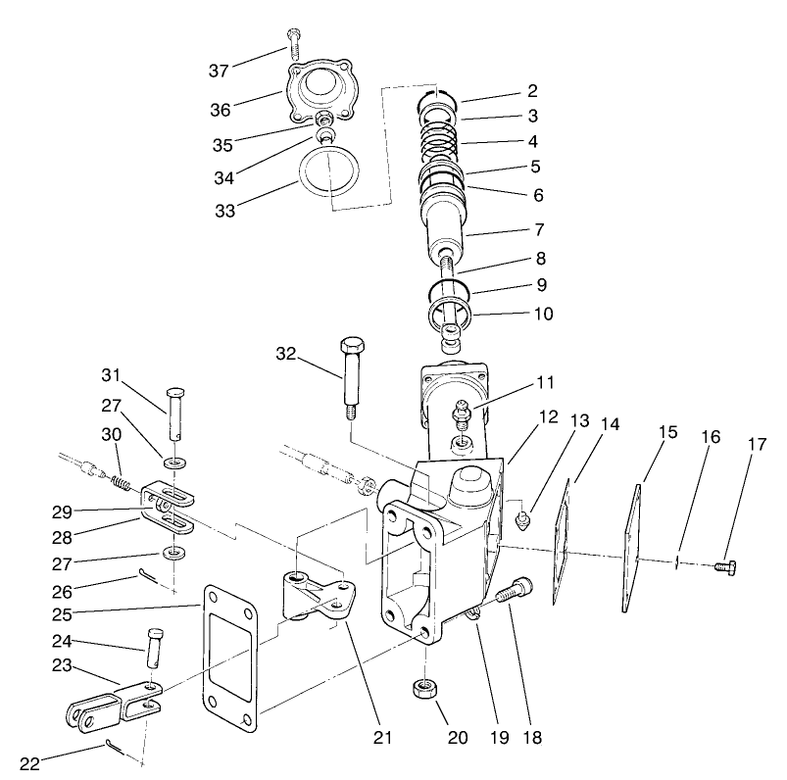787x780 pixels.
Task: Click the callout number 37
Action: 220,70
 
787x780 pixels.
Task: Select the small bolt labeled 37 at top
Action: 293,43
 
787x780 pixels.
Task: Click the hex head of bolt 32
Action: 352,347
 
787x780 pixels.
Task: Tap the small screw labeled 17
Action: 725,566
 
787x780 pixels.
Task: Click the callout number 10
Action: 543,315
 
